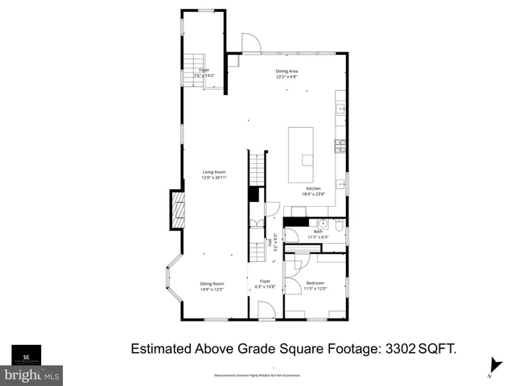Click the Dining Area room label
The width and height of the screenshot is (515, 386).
286,74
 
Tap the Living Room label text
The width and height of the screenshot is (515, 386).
214,175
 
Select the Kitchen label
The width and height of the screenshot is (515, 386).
313,191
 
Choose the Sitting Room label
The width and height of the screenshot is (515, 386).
212,285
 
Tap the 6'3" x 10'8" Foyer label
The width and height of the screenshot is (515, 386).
265,284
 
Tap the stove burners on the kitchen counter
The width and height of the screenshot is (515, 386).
340,146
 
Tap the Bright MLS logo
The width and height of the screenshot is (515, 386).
31,375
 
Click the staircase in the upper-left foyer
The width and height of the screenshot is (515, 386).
196,62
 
